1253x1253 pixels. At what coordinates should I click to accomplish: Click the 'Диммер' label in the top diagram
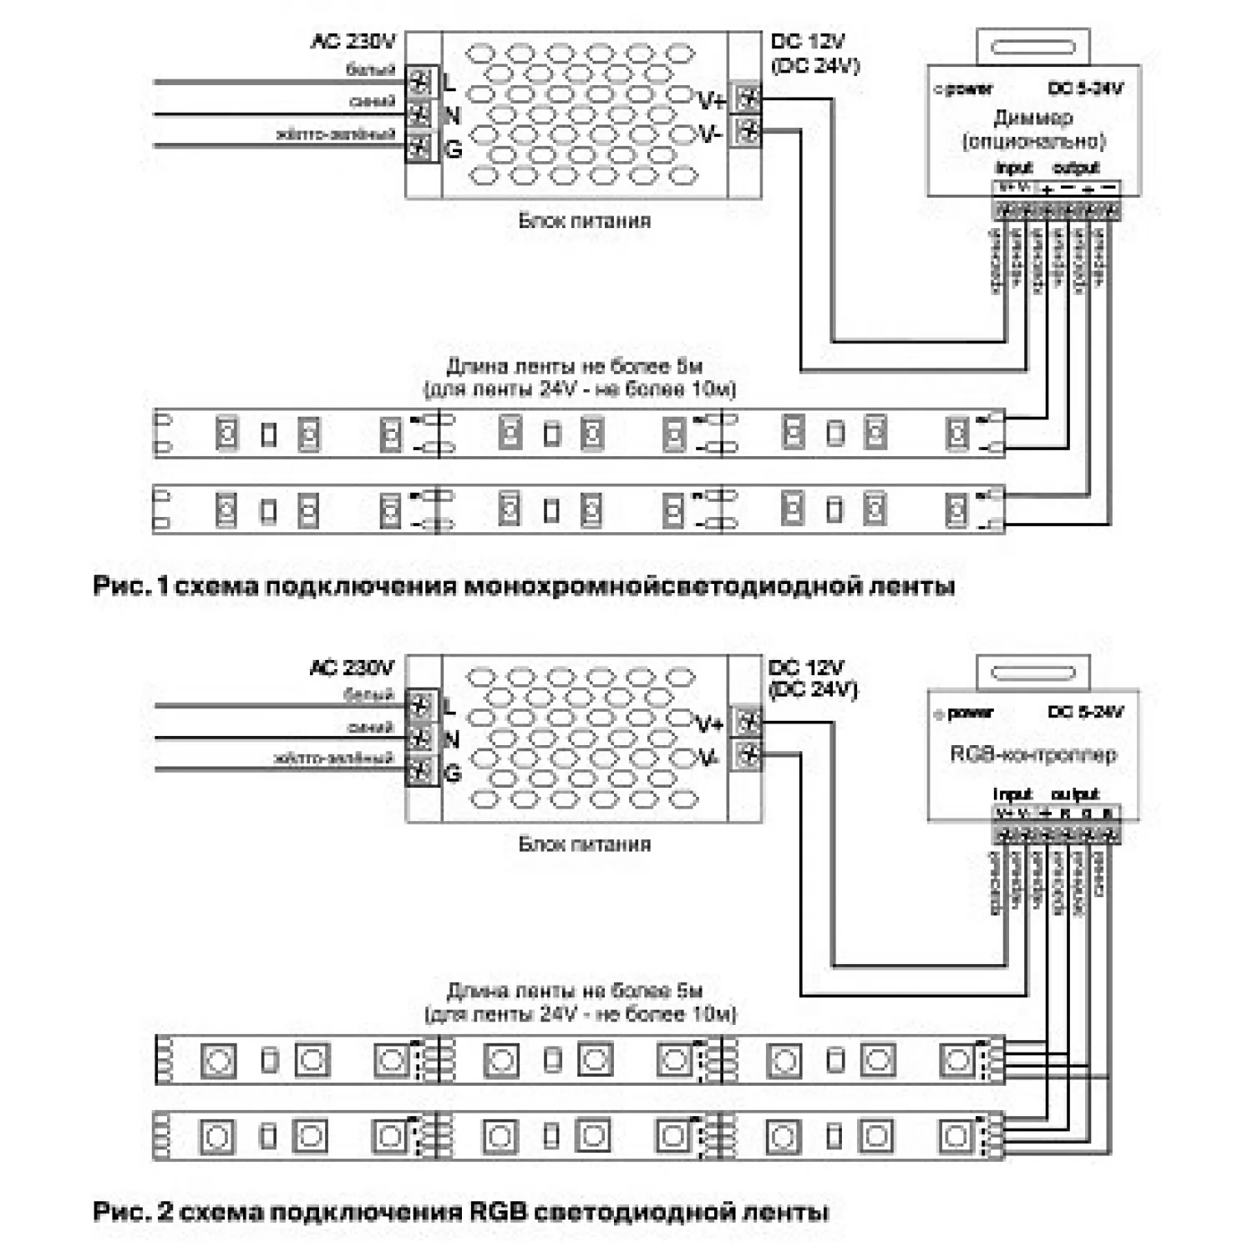click(1032, 118)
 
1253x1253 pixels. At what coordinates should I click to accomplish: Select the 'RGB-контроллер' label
click(1032, 754)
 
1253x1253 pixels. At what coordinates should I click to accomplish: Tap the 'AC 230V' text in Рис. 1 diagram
click(353, 42)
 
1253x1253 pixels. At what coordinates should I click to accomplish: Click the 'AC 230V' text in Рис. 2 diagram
click(351, 667)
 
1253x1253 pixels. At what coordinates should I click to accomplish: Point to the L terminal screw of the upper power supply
click(420, 82)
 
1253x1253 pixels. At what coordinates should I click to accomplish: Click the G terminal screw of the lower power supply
click(420, 770)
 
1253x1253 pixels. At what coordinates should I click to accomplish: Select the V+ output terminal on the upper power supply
click(747, 99)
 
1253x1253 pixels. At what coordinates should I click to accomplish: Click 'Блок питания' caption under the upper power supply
click(584, 221)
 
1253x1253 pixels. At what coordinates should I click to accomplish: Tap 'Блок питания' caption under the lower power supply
click(584, 844)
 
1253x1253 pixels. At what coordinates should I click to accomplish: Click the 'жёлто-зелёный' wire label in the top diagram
click(335, 134)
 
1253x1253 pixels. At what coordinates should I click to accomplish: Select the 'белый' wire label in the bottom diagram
click(368, 695)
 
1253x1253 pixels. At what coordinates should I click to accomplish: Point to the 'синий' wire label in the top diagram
click(372, 102)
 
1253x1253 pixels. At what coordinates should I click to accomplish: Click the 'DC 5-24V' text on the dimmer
click(1085, 89)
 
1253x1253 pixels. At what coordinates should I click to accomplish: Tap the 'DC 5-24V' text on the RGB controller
click(1085, 713)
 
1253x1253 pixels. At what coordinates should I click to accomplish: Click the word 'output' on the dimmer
click(1076, 168)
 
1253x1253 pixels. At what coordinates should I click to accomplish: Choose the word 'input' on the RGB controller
click(1012, 794)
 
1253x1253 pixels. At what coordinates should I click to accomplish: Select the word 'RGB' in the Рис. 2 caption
click(499, 1211)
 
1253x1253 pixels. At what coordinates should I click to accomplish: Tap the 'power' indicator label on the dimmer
click(969, 89)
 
